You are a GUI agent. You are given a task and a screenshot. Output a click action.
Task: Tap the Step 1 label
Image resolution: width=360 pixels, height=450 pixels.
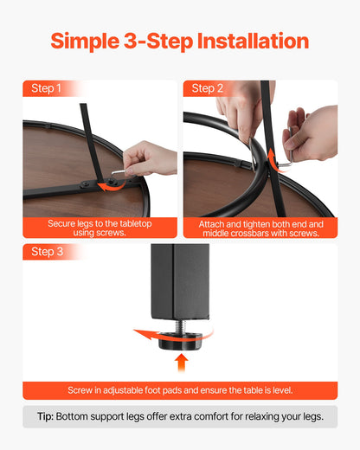pyautogui.click(x=46, y=88)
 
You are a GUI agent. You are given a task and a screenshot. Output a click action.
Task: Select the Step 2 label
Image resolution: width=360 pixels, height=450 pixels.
pyautogui.click(x=208, y=88)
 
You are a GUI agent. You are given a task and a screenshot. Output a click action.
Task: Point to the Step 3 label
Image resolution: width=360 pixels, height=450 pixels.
pyautogui.click(x=47, y=252)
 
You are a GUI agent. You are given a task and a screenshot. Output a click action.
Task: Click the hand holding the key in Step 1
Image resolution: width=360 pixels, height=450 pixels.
pyautogui.click(x=149, y=158)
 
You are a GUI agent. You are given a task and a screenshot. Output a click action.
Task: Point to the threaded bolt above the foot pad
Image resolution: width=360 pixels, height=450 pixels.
pyautogui.click(x=180, y=326)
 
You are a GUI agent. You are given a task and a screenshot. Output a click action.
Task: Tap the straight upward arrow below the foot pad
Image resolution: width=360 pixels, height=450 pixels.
pyautogui.click(x=181, y=363)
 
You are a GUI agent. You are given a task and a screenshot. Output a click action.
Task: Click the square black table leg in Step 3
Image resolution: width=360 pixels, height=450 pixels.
pyautogui.click(x=180, y=281)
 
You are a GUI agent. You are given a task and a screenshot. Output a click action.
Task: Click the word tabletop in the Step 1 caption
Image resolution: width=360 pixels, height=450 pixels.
pyautogui.click(x=136, y=223)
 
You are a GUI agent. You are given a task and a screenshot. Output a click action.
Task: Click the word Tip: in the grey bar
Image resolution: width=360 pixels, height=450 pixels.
pyautogui.click(x=45, y=416)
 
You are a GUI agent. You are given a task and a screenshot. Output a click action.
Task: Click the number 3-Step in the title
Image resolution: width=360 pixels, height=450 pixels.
pyautogui.click(x=158, y=41)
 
